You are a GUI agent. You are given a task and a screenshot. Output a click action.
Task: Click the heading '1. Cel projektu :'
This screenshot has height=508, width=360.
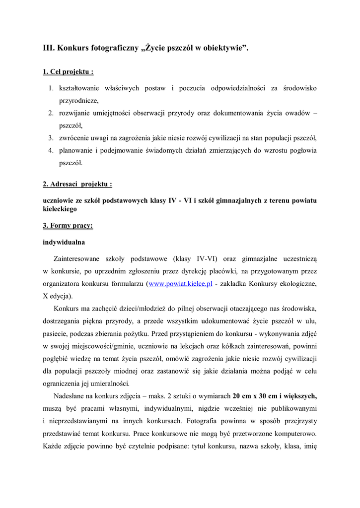tap(69, 72)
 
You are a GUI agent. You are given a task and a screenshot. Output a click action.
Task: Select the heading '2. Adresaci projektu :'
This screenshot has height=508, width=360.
tap(77, 184)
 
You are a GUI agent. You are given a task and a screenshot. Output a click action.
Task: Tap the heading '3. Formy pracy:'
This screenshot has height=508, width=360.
tap(68, 225)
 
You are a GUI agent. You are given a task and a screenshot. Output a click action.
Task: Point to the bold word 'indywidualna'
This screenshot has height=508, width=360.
tap(64, 243)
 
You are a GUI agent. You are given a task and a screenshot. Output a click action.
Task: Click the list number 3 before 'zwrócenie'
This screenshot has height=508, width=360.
tap(51, 137)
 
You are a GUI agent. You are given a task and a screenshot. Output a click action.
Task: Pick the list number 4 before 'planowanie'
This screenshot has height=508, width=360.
tap(51, 150)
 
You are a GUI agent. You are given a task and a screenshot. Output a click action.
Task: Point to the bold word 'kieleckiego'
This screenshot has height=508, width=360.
tap(60, 210)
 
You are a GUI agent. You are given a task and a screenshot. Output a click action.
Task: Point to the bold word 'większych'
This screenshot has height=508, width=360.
tap(301, 396)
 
